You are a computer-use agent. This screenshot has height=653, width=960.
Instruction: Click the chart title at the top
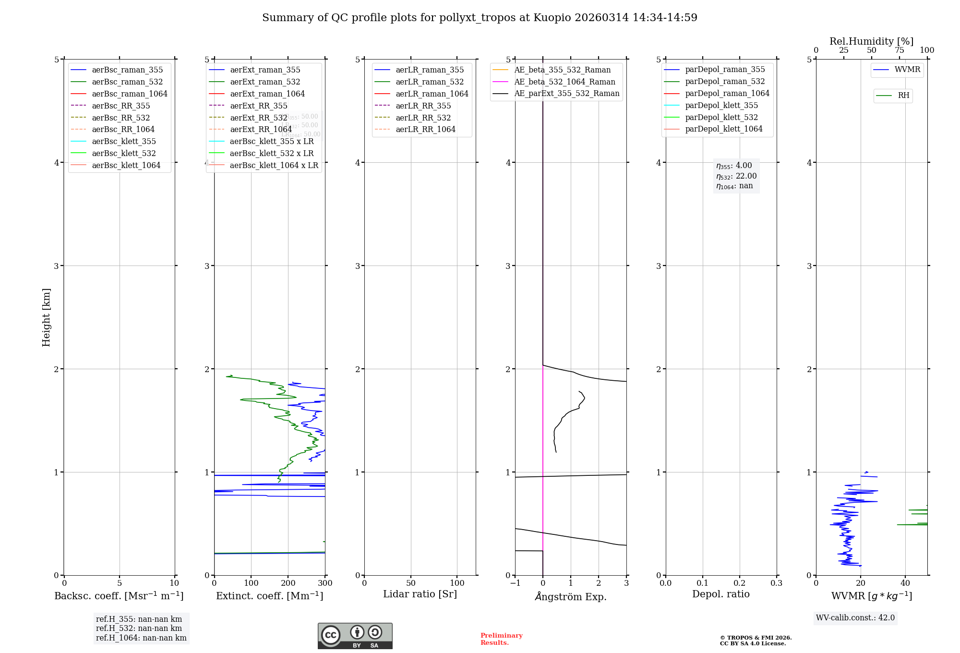[x=480, y=18]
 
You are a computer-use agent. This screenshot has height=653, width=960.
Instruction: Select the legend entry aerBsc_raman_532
[x=127, y=82]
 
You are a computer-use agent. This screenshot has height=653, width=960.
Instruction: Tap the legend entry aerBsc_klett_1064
[x=126, y=166]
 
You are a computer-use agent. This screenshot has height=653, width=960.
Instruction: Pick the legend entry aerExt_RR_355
[x=259, y=106]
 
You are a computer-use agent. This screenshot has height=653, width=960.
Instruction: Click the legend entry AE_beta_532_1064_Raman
[x=564, y=82]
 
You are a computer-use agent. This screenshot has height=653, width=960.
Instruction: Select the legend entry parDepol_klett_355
[x=721, y=106]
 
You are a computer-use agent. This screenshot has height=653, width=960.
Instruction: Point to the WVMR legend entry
[x=907, y=70]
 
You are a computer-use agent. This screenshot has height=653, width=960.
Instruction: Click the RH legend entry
[x=903, y=96]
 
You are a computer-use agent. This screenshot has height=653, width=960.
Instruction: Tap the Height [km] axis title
[x=46, y=317]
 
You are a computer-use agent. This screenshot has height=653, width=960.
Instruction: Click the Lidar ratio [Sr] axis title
[x=420, y=594]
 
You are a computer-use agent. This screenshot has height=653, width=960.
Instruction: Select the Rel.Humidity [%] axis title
[x=871, y=41]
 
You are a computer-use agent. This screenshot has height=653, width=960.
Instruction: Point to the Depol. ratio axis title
[x=720, y=594]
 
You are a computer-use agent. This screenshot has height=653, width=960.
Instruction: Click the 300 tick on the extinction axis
[x=325, y=583]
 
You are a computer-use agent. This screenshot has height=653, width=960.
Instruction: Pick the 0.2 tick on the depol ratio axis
[x=740, y=583]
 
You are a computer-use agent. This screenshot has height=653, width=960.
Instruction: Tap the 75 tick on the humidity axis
[x=900, y=50]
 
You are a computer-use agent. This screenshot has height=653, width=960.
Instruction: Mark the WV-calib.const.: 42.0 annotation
[x=855, y=618]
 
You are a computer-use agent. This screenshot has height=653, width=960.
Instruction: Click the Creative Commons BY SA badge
[x=355, y=636]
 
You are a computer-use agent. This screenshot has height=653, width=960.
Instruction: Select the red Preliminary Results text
[x=501, y=639]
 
